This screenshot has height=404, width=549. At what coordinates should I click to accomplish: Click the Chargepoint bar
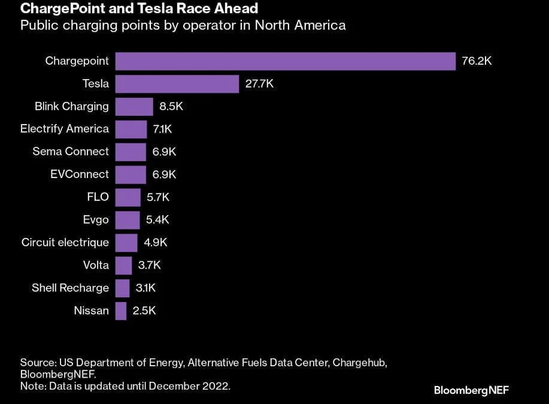click(286, 61)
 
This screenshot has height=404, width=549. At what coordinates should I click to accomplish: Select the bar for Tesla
click(177, 84)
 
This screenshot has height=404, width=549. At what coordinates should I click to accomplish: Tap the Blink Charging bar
click(134, 107)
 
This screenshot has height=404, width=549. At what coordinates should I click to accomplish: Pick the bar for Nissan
click(121, 310)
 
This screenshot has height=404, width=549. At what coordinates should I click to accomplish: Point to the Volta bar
click(123, 265)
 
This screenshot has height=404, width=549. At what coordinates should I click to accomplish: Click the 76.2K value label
click(477, 61)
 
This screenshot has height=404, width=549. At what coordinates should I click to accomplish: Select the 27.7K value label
click(259, 84)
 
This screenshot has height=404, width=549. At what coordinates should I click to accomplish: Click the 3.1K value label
click(145, 288)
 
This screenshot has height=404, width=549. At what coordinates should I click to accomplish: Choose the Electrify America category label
click(65, 129)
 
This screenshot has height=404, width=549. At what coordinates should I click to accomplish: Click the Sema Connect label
click(71, 152)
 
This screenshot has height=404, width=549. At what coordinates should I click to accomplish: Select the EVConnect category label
click(80, 174)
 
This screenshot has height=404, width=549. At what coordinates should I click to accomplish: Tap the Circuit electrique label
click(65, 242)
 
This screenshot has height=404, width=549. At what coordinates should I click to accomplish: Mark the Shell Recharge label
click(70, 288)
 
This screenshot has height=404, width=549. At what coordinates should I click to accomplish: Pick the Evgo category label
click(96, 219)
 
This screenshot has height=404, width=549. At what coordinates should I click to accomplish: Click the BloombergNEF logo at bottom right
click(471, 390)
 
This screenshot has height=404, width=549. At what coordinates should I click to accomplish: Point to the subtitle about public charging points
click(183, 26)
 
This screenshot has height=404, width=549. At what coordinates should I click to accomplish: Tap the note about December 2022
click(125, 386)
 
